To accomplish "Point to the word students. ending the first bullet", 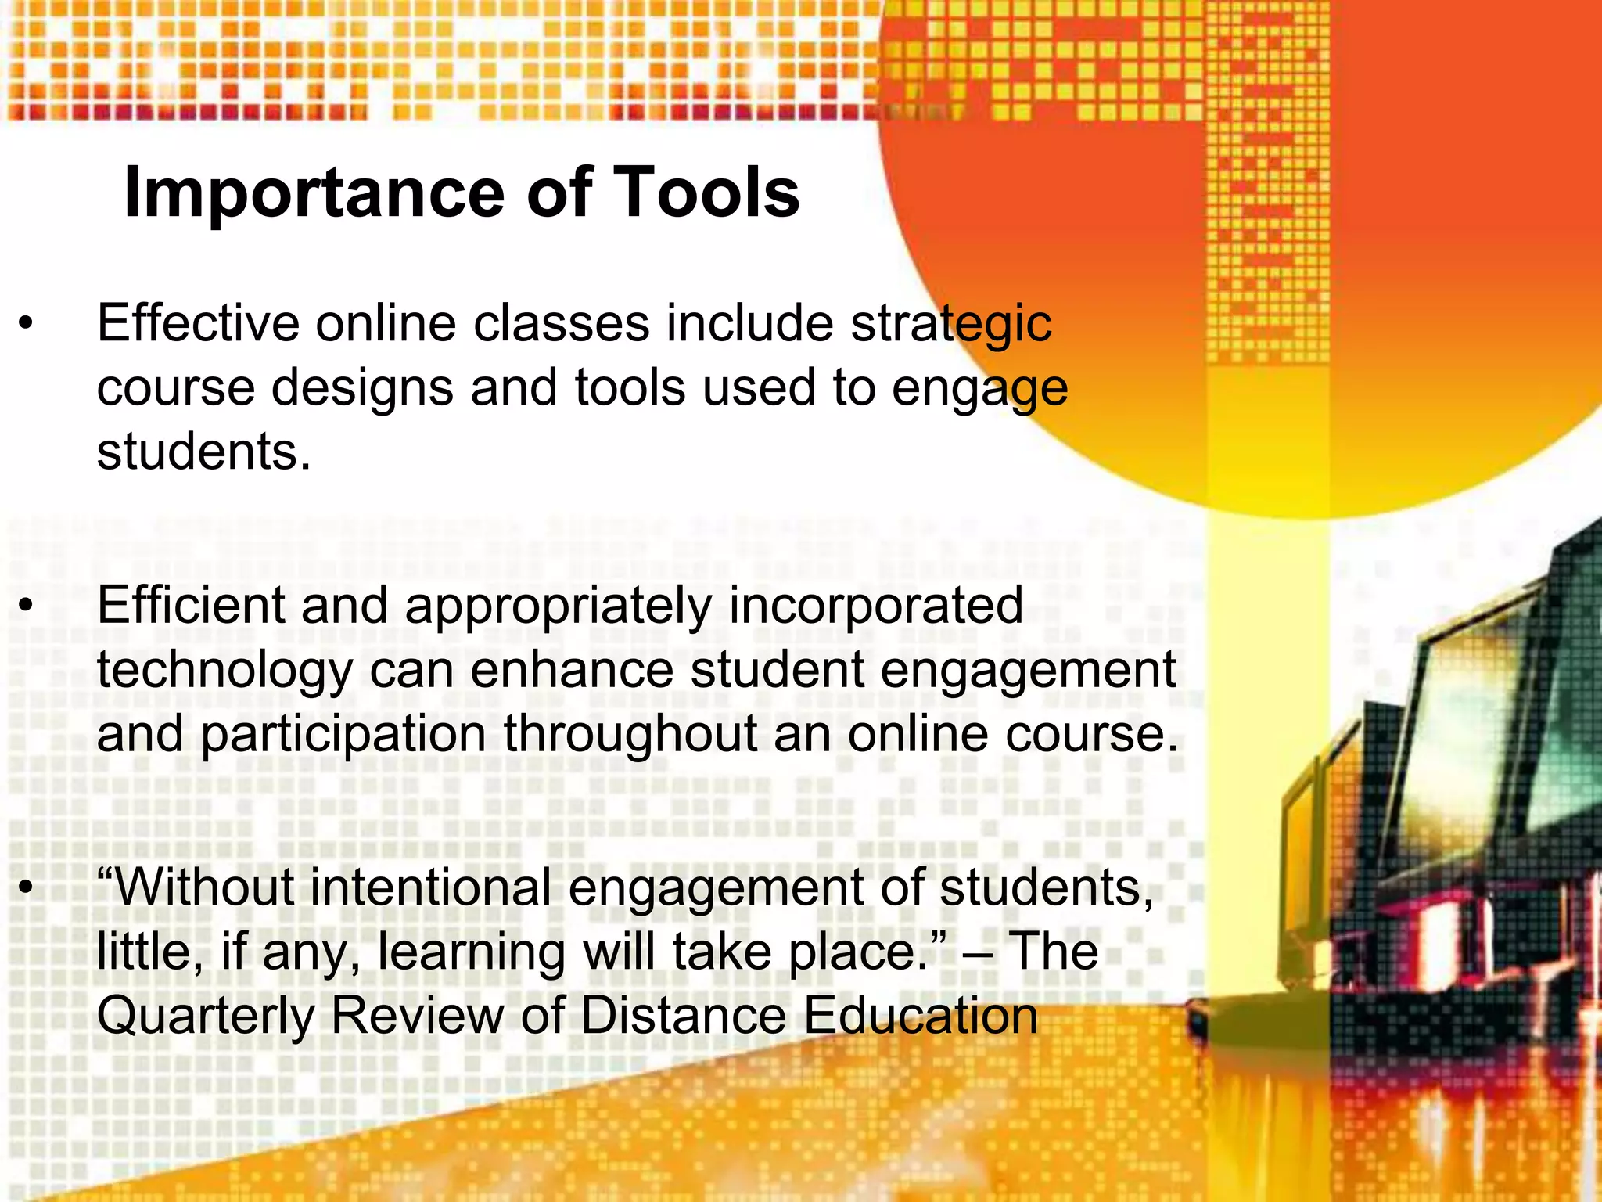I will (x=203, y=452).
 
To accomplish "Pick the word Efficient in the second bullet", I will (x=192, y=605).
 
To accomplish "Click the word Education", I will (x=921, y=1016).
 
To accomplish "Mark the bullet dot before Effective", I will (x=27, y=324).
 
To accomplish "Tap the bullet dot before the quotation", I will (x=27, y=888).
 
